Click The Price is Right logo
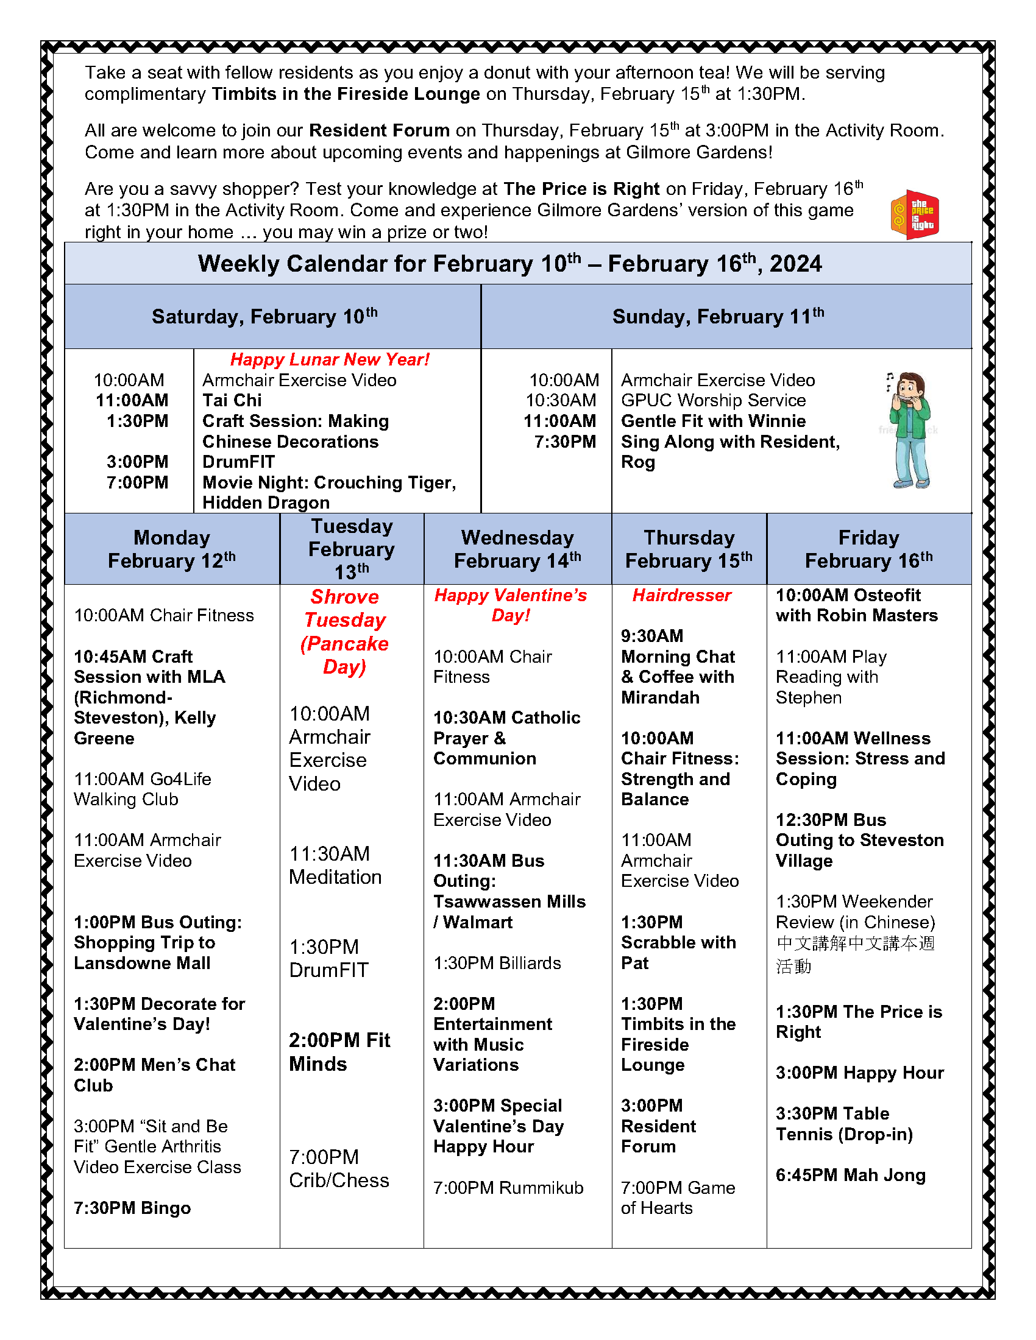pos(915,214)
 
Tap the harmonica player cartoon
pos(911,429)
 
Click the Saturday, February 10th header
pos(264,317)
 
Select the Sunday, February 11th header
pos(718,317)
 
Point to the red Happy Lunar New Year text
pos(330,359)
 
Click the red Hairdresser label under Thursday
pos(681,595)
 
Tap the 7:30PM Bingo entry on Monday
pos(132,1207)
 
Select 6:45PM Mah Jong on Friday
pos(850,1174)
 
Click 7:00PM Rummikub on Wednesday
pos(508,1187)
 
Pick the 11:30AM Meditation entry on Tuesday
pos(335,865)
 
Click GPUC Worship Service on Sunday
pos(713,401)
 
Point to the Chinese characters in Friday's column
pos(854,954)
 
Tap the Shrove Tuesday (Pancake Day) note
pos(345,632)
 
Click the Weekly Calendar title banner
pos(509,264)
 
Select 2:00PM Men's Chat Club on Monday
pos(154,1074)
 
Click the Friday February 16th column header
pos(868,549)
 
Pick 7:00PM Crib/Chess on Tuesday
pos(339,1168)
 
